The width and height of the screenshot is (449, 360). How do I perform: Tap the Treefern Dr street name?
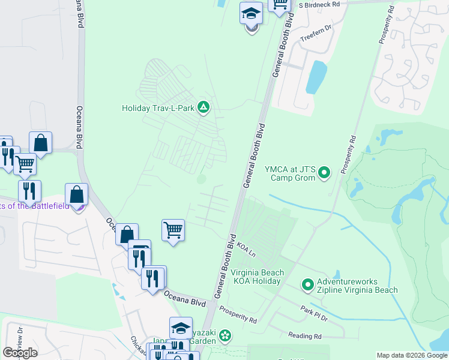316,34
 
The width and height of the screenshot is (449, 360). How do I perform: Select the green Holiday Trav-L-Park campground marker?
204,107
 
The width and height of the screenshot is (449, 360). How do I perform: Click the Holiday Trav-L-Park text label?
158,108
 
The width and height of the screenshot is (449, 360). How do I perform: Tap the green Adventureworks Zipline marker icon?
308,284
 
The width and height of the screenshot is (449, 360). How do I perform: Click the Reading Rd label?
304,335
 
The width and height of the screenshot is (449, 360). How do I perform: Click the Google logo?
20,352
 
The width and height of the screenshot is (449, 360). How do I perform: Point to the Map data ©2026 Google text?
411,355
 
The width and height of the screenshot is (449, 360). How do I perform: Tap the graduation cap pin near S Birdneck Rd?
251,13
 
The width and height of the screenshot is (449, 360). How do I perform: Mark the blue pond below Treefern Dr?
316,77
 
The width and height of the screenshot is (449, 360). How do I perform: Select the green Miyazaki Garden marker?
225,335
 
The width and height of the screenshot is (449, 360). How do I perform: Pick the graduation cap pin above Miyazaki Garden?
181,328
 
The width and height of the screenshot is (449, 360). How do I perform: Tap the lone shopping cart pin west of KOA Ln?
173,230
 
